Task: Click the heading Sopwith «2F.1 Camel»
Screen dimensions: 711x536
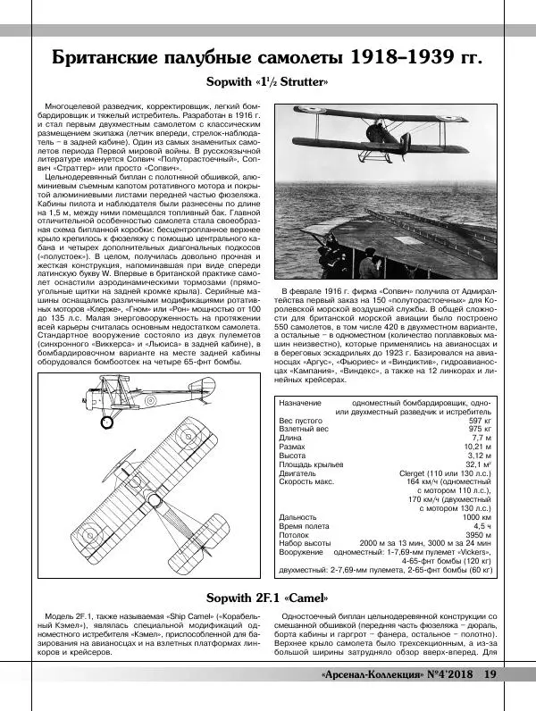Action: [268, 597]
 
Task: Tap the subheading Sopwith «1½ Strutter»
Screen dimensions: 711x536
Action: [268, 83]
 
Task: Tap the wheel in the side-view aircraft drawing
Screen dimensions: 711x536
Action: [108, 421]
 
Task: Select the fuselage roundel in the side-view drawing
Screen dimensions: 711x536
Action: [153, 401]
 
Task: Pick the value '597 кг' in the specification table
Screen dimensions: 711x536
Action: [480, 420]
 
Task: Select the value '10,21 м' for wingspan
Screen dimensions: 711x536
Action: [475, 446]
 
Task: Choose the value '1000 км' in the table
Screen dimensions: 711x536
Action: [475, 516]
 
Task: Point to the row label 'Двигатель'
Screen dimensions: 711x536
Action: [300, 473]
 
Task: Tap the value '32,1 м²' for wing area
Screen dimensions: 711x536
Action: [475, 464]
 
